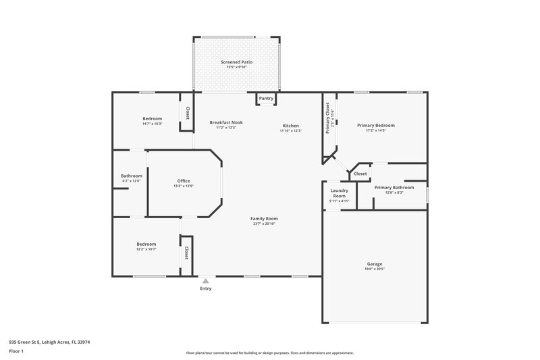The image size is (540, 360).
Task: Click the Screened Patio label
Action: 236,61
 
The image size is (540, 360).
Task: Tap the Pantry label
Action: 266,99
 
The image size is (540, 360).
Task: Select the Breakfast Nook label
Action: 225,122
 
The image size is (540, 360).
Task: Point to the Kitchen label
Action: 290,126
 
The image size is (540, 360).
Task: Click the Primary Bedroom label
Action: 375,125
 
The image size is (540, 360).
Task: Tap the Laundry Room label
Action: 339,193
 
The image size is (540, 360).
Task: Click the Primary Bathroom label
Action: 394,187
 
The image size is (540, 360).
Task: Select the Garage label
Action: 375,263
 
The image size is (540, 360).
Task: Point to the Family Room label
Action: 264,218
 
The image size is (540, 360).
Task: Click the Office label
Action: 184,180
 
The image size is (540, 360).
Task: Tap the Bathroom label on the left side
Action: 131,176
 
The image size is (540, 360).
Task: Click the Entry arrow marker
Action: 205,280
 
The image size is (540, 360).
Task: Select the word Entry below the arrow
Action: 205,288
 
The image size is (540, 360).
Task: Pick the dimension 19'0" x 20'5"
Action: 375,269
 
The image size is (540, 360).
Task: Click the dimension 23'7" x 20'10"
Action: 264,224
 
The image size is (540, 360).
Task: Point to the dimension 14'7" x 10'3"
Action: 152,124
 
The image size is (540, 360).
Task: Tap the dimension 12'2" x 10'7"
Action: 146,249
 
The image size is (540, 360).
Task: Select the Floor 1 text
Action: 16,351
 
